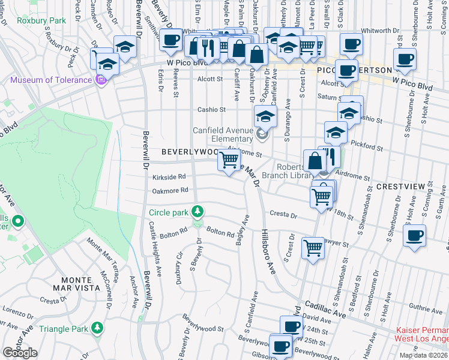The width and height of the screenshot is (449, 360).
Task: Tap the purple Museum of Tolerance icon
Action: [x=101, y=79]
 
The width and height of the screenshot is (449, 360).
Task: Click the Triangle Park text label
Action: [x=62, y=329]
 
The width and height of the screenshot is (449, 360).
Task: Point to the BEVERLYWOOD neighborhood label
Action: [x=188, y=152]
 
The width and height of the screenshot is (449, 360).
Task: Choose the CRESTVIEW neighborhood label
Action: [x=400, y=187]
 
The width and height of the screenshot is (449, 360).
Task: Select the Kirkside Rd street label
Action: [x=169, y=177]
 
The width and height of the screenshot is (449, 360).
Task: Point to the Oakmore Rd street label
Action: [x=170, y=190]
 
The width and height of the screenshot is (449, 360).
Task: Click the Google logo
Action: [x=20, y=353]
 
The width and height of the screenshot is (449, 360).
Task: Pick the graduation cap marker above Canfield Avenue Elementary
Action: [x=265, y=115]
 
